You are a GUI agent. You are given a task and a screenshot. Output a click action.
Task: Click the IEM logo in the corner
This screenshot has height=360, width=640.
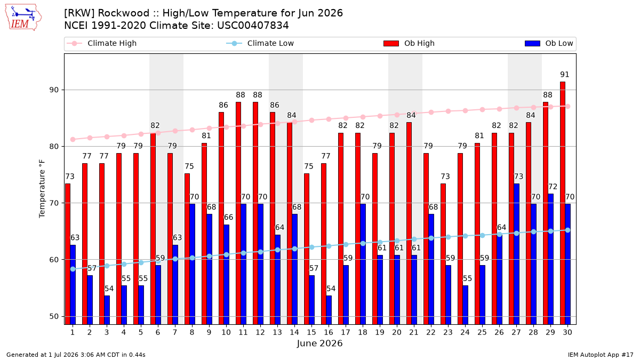[23, 18]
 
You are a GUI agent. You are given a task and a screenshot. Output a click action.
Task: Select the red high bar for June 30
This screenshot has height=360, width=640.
[563, 203]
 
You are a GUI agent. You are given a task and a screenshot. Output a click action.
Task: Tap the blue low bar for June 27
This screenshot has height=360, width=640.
[517, 254]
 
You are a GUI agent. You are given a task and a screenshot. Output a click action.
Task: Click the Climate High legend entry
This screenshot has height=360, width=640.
[101, 43]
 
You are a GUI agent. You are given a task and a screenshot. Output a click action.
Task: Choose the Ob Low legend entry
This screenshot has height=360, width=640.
[549, 43]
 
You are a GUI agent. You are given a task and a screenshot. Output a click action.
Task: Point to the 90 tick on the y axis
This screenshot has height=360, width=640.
[54, 90]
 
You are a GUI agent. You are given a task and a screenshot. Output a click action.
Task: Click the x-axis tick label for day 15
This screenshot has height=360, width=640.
[311, 332]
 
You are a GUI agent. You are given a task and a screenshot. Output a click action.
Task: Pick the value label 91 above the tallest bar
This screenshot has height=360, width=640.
[565, 75]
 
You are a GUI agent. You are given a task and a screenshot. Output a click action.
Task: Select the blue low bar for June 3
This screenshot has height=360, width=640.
[107, 310]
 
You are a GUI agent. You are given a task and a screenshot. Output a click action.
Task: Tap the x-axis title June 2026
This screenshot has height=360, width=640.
[319, 343]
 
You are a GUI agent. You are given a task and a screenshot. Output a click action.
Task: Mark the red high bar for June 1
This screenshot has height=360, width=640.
[68, 254]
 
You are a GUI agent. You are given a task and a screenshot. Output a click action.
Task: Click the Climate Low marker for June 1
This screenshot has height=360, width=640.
[73, 269]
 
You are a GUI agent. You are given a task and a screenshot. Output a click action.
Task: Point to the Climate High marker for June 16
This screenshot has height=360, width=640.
[329, 119]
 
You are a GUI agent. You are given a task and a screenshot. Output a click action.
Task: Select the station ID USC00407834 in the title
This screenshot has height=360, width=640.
[253, 26]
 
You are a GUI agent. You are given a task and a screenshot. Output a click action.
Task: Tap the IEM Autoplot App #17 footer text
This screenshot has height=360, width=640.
[601, 355]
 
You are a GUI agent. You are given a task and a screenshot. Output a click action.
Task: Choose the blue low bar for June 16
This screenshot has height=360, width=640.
[329, 310]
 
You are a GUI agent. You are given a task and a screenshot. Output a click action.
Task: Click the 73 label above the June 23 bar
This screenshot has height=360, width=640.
[445, 177]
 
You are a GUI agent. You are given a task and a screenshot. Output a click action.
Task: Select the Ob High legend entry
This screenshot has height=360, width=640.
[409, 43]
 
